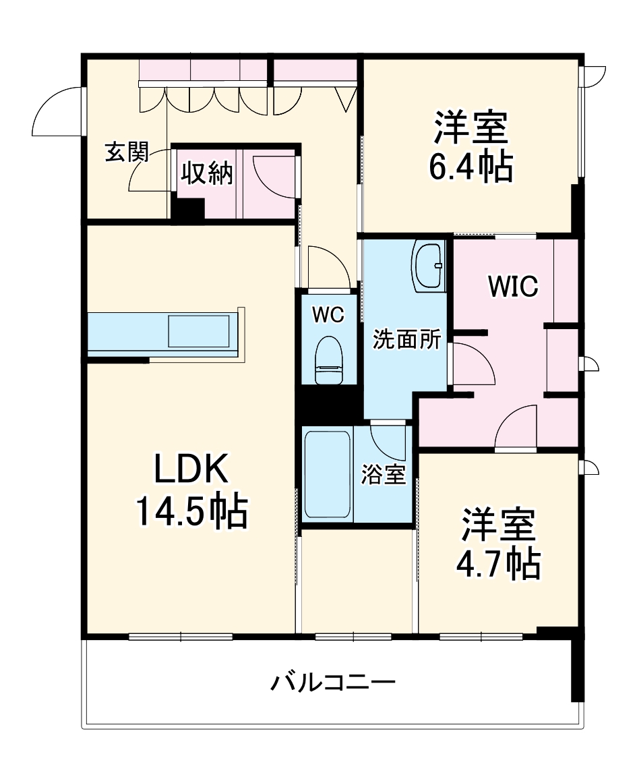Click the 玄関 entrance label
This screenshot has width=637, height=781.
pos(126,154)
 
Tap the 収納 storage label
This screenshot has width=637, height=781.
pos(206,173)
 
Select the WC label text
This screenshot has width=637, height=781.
pos(328,314)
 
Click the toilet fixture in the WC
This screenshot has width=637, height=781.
pos(330,359)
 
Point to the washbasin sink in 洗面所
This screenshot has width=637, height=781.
pos(428,266)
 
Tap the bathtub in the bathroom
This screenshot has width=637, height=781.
pos(327,474)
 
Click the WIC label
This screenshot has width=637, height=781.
pos(514,287)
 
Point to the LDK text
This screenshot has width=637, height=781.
pos(192,470)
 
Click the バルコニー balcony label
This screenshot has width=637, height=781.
pos(332,683)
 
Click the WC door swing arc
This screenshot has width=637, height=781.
pos(328,266)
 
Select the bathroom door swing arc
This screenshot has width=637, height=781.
pos(389,441)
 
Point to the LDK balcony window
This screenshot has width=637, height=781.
pos(181,636)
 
